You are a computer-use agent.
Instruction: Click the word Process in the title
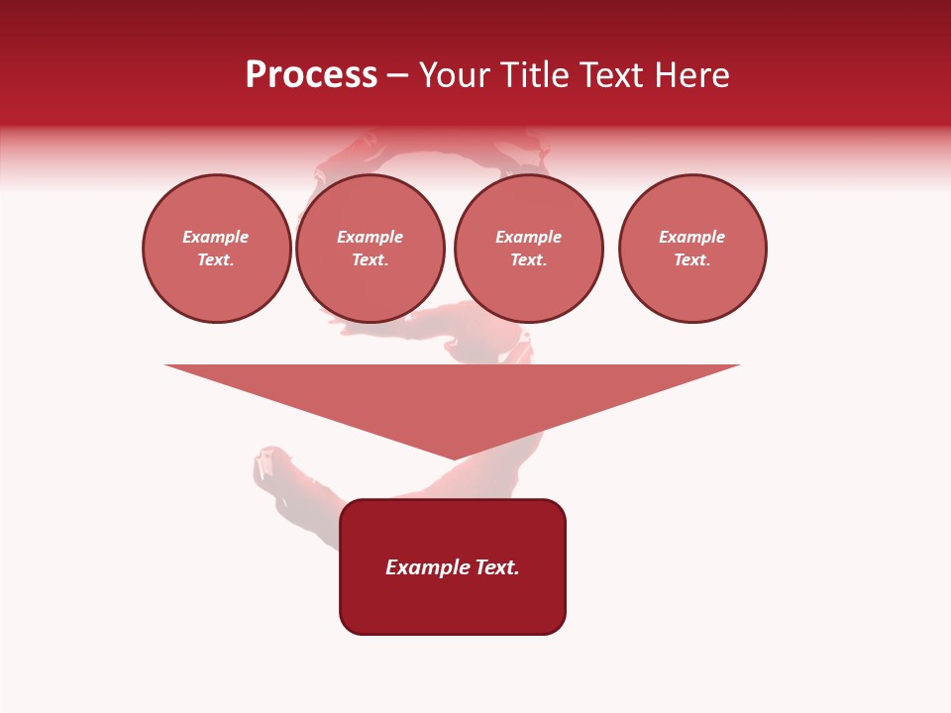click(x=311, y=75)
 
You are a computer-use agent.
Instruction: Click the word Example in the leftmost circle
click(x=216, y=237)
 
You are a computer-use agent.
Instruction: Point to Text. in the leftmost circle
click(x=216, y=259)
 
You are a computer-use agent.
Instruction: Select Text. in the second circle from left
click(x=370, y=259)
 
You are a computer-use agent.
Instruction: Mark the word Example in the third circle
click(x=529, y=237)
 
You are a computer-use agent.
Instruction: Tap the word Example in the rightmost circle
click(x=692, y=237)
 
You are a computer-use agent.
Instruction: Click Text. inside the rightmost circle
click(x=692, y=259)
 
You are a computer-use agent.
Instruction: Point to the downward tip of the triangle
click(x=454, y=457)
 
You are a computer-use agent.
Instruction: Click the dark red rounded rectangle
click(x=453, y=604)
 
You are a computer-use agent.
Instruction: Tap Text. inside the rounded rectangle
click(x=497, y=567)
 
